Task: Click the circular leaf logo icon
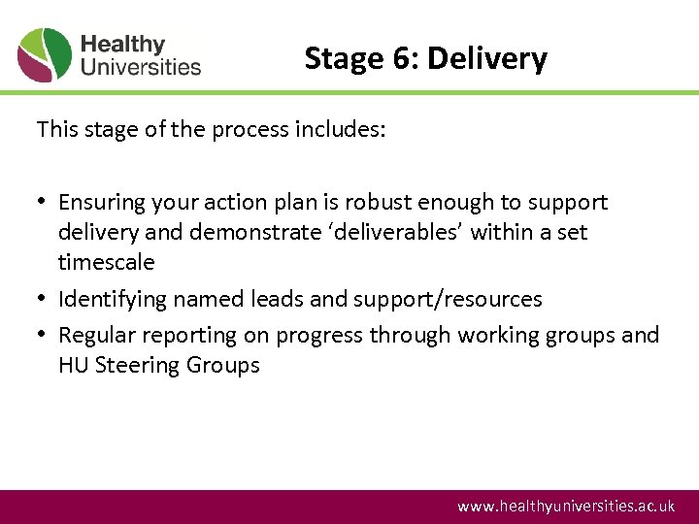tap(45, 55)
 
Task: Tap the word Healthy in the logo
tap(123, 45)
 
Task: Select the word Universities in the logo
tap(141, 68)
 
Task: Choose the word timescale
tap(106, 263)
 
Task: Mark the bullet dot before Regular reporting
tap(43, 335)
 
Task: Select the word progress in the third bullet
tap(318, 336)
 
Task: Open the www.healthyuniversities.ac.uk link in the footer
tap(566, 507)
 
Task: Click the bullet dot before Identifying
tap(43, 299)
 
